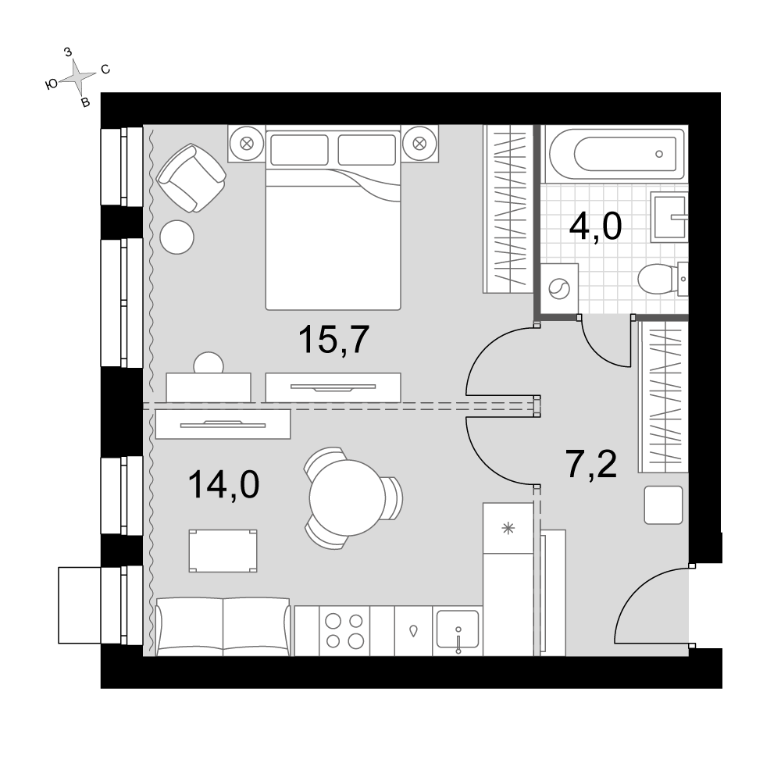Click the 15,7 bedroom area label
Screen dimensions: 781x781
333,341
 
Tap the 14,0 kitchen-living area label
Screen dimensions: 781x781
223,485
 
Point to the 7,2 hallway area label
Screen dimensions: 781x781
591,464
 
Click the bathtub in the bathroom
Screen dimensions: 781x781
615,153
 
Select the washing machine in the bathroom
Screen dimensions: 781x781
559,288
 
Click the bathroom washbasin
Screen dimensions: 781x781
670,216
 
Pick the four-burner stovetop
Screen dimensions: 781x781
344,630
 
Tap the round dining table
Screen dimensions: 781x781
348,497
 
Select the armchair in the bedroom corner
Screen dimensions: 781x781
191,178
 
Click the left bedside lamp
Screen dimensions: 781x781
247,144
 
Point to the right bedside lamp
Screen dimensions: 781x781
420,144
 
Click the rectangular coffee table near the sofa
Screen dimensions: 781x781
223,551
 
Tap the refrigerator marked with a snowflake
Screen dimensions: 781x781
508,528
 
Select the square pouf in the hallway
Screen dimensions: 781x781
663,505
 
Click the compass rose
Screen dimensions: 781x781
78,77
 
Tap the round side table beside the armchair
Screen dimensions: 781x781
177,237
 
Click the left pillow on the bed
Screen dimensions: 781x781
299,149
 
